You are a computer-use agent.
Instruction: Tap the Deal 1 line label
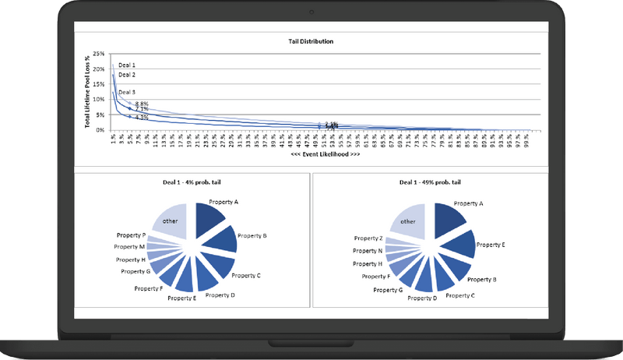point(127,65)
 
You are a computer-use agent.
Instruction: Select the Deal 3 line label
point(127,92)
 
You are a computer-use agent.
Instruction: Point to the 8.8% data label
point(142,104)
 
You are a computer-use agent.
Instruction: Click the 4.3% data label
point(142,117)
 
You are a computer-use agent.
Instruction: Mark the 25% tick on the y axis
point(99,54)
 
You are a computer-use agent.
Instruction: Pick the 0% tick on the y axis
point(101,130)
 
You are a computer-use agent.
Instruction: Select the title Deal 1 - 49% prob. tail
point(429,181)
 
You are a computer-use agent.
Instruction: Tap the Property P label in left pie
point(129,235)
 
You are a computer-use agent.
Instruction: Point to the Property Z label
point(368,238)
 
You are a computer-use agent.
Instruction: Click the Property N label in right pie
point(368,251)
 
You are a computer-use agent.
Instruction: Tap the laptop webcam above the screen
point(312,11)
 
